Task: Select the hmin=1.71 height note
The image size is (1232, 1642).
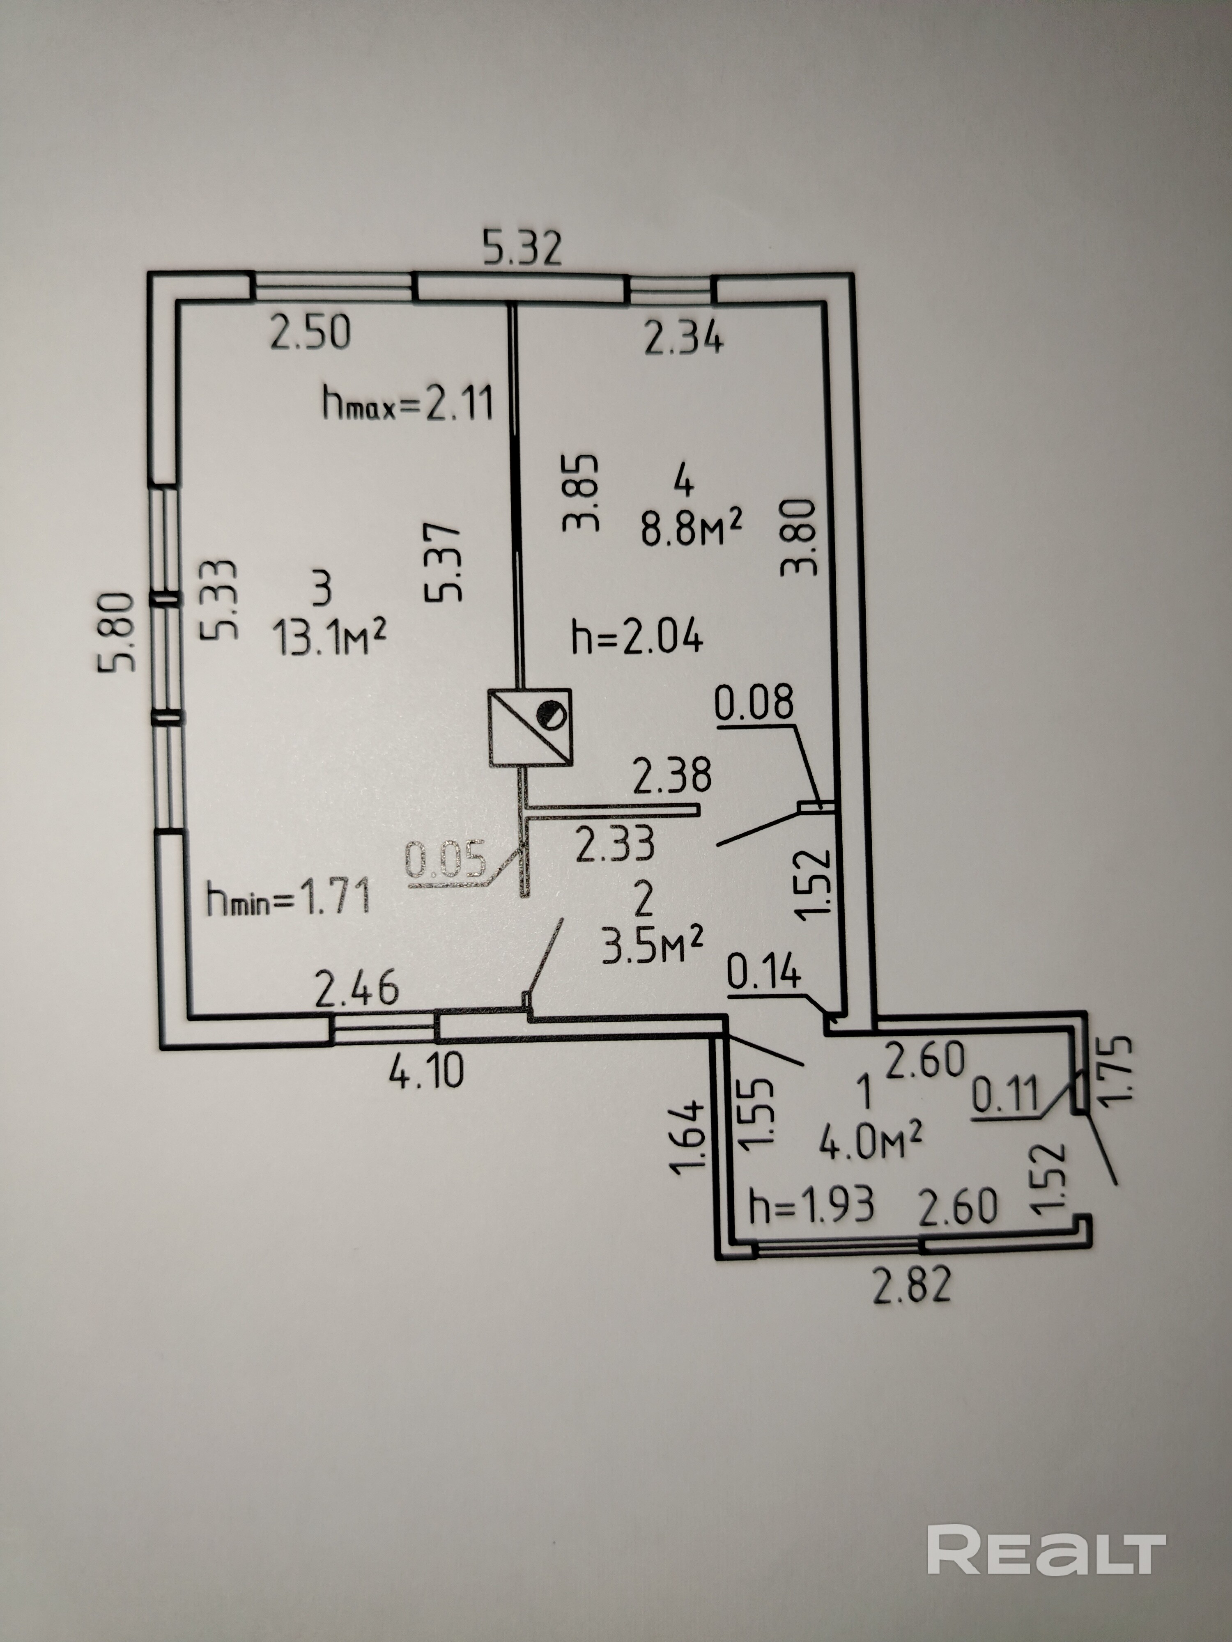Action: click(288, 900)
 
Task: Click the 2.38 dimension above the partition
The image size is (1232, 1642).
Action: click(671, 775)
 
